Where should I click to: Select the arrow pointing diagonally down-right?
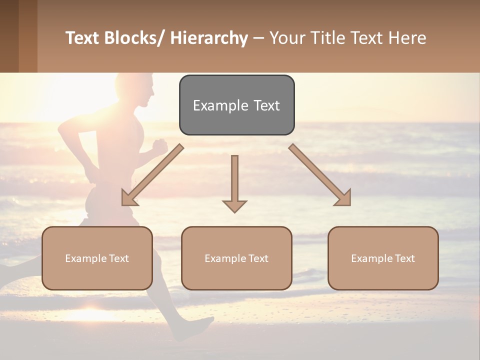(320, 175)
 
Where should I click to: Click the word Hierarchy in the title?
(209, 38)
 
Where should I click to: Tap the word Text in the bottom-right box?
(403, 258)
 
